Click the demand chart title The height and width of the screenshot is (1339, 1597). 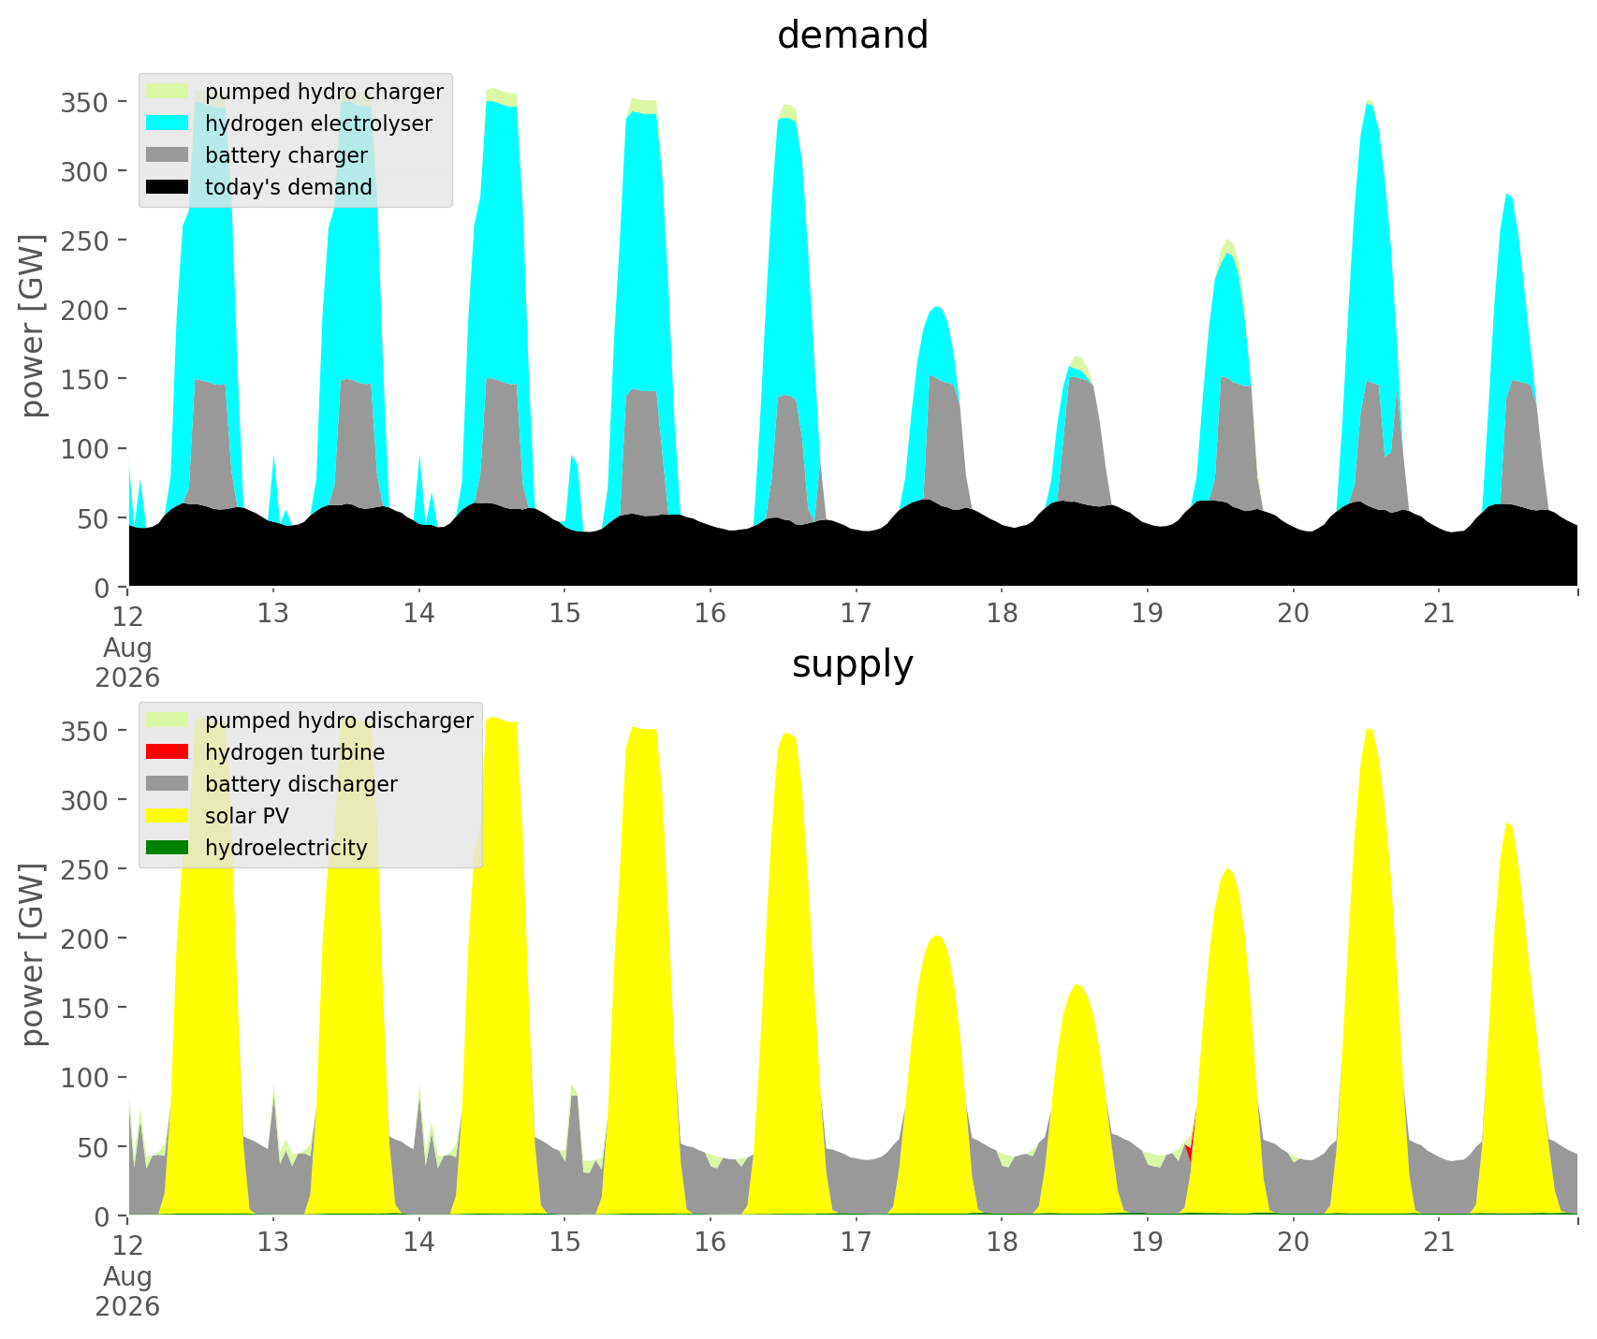coord(853,36)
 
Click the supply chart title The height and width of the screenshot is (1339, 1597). coord(853,664)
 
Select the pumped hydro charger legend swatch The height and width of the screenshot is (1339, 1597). coord(168,92)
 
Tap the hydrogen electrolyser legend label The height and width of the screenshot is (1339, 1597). coord(318,124)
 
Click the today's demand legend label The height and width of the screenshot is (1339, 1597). coord(288,187)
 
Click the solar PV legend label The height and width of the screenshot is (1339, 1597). coord(247,816)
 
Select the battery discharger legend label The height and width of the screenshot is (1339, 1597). coord(301,784)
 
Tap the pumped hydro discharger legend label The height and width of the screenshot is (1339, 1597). coord(339,720)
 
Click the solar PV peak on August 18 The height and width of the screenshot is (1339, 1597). coord(1077,985)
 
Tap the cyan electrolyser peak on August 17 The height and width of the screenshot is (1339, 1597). coord(937,308)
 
